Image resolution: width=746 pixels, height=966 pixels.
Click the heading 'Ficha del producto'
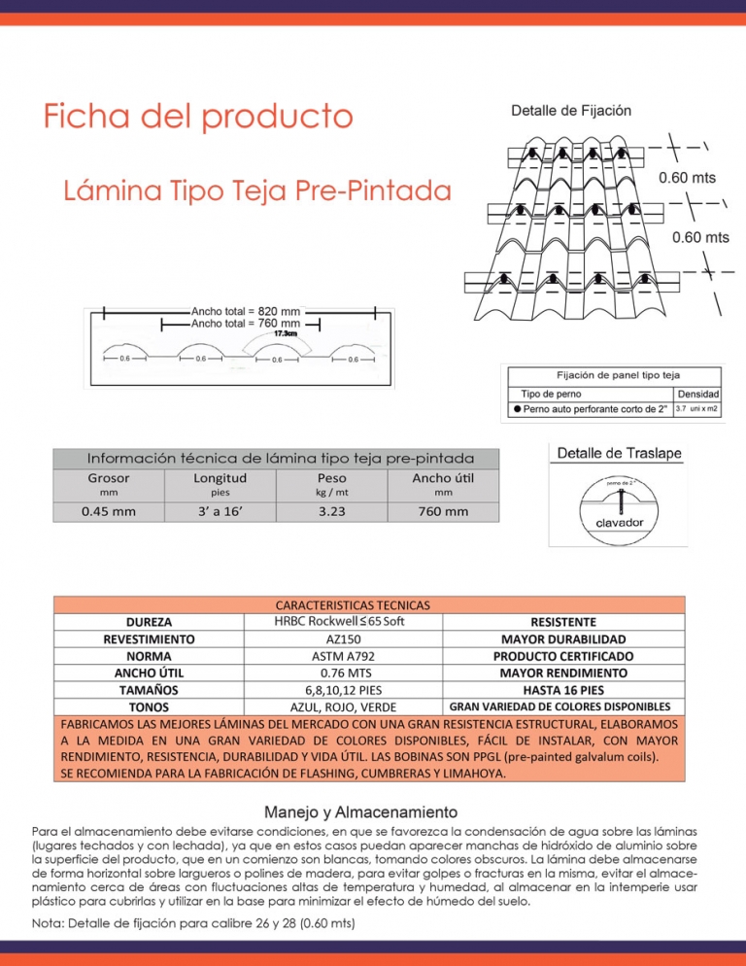coord(197,118)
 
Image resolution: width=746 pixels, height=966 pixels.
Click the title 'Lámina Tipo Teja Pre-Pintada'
coord(258,190)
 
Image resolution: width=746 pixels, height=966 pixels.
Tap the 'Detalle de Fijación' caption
coord(571,111)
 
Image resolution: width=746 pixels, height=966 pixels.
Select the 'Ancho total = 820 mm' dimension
coord(246,311)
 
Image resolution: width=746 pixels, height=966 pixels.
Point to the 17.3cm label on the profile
coord(285,333)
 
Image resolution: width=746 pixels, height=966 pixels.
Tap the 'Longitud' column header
coord(220,477)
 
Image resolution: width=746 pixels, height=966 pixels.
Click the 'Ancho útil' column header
coord(443,477)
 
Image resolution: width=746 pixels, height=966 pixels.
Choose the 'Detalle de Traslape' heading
coord(620,454)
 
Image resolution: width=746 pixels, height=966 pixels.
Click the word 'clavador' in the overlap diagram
coord(619,523)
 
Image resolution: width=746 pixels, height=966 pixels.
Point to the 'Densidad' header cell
coord(697,394)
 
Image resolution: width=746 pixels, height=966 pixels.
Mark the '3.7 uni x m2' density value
coord(697,409)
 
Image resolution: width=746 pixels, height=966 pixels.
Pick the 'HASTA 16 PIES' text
coord(563,689)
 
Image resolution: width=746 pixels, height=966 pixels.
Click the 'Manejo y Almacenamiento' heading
coord(361,811)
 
